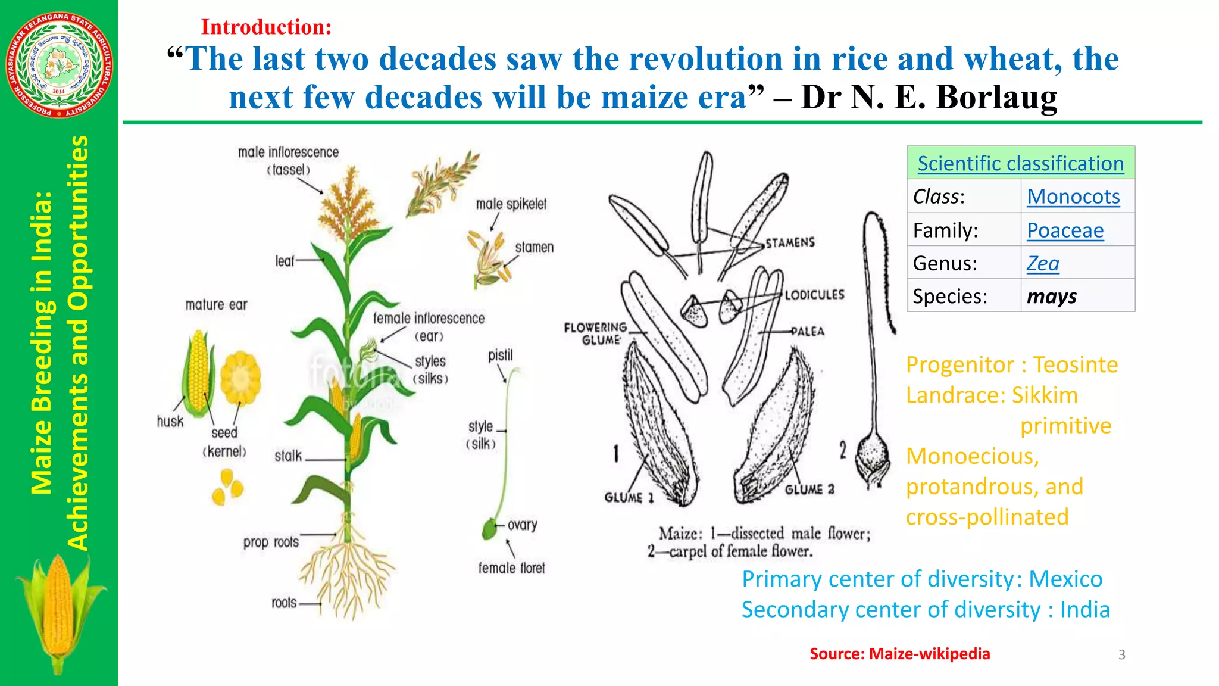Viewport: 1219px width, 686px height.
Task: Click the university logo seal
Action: point(58,64)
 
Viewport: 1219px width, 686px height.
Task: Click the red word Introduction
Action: point(265,27)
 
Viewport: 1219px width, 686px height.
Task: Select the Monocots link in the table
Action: point(1073,197)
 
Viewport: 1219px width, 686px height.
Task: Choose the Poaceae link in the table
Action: point(1065,230)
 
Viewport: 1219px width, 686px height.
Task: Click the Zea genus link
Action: point(1043,263)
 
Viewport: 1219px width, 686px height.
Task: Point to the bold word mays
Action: point(1051,297)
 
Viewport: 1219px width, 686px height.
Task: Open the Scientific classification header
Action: point(1020,163)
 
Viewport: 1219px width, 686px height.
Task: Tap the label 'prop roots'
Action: point(271,542)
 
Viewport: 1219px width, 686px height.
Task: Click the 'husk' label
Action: point(170,422)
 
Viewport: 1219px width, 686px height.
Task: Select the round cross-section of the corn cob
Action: point(240,378)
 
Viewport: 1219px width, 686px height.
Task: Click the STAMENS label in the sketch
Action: point(790,242)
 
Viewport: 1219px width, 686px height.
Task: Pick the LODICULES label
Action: point(814,295)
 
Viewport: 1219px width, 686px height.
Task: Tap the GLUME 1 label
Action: point(629,498)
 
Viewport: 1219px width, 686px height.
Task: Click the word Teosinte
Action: point(1075,364)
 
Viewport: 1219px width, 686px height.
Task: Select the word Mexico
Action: point(1065,579)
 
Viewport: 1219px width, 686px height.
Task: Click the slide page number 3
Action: point(1121,655)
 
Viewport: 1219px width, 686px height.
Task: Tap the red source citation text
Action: point(899,654)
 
